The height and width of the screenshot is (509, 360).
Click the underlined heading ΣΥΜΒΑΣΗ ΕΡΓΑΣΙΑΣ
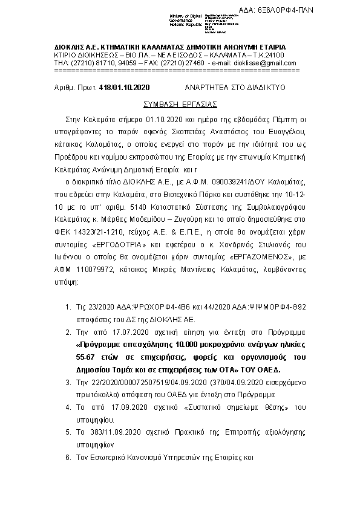click(180, 103)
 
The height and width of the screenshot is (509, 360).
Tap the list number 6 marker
click(68, 458)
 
